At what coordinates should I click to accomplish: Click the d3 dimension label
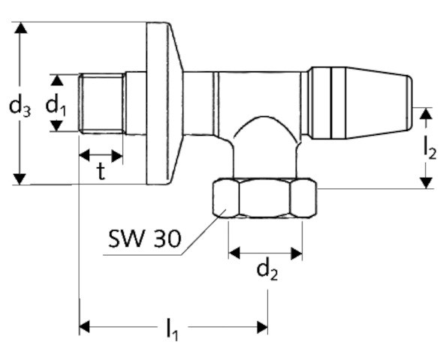20,106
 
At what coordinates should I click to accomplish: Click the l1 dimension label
173,328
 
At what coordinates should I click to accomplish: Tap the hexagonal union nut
264,199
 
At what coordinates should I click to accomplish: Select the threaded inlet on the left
101,103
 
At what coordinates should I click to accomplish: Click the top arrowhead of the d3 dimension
21,29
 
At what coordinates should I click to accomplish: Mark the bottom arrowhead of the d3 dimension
21,177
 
